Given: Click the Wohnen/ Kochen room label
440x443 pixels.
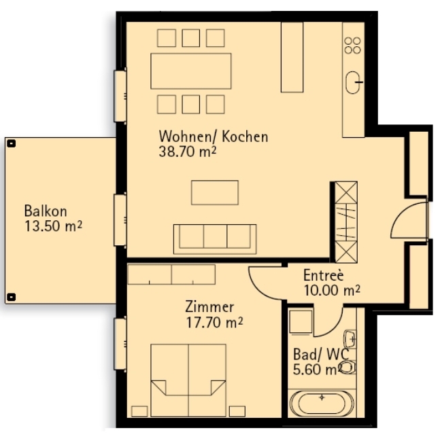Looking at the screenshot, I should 213,137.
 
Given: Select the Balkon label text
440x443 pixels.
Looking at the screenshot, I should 45,211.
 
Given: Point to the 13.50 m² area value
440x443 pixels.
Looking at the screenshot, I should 53,226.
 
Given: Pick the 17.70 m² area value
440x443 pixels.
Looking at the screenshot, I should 215,321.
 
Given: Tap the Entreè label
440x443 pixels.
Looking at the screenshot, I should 324,277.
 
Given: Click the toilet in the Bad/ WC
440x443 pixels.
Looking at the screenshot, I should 347,368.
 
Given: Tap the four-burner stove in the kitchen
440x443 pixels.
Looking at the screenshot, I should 352,46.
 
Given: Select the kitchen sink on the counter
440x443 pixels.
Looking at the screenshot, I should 354,83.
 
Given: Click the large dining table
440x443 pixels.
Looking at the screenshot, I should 190,71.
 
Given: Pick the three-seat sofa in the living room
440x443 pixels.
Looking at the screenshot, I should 214,238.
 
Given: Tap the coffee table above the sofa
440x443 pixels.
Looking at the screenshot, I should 215,192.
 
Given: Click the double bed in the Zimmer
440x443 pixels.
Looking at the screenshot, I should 188,380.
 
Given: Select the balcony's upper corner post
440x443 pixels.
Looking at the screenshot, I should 11,143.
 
